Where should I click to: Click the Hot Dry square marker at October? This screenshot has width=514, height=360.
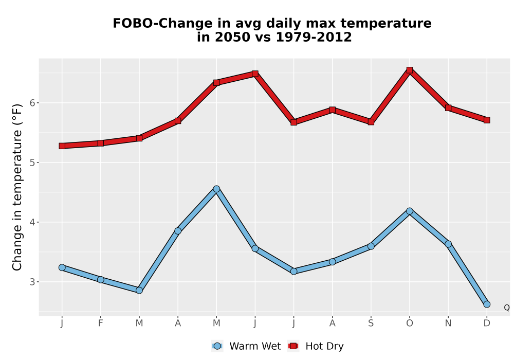[x=410, y=70]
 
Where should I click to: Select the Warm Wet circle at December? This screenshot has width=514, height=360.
[x=487, y=304]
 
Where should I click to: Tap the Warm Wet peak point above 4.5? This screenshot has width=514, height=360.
[x=216, y=189]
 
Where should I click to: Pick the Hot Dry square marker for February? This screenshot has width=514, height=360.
[x=101, y=143]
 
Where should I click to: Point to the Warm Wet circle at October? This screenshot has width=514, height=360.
[x=410, y=211]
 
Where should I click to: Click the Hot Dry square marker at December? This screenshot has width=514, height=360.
[x=487, y=120]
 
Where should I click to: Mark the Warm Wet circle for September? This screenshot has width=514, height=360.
[x=371, y=246]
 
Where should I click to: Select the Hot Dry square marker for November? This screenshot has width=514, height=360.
[x=448, y=107]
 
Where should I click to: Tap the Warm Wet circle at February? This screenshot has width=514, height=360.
[x=101, y=280]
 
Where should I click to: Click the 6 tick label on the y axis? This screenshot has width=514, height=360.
[x=32, y=103]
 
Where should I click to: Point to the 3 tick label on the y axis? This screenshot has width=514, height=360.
[x=32, y=282]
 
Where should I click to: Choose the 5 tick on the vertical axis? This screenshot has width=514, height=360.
[x=32, y=163]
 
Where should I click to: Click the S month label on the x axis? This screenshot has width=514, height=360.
[x=371, y=323]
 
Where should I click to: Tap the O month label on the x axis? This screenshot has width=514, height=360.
[x=410, y=323]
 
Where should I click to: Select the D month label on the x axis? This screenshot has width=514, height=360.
[x=487, y=323]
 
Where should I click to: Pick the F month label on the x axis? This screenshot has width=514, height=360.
[x=101, y=323]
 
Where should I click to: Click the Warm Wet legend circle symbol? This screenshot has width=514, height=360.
[x=217, y=346]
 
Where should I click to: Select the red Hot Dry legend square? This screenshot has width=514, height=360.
[x=293, y=346]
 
